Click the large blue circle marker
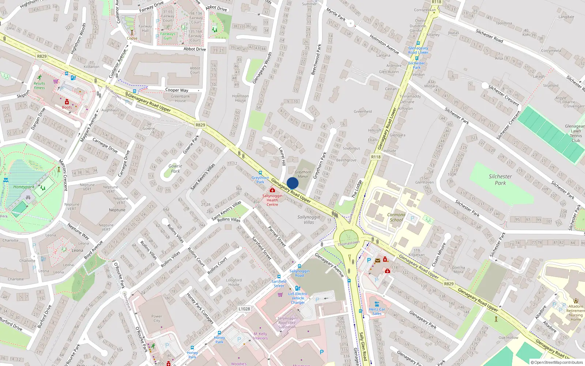[292, 183]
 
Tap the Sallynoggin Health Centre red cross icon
[272, 190]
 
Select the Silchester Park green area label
[500, 179]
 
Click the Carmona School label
[396, 217]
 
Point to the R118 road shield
[376, 157]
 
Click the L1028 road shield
[244, 309]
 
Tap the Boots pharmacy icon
[67, 102]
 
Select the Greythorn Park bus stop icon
[260, 173]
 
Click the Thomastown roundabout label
[348, 243]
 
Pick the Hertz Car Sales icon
[377, 304]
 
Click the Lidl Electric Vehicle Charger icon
[298, 288]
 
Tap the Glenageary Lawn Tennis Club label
[575, 133]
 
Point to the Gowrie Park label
[175, 168]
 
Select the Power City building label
[156, 318]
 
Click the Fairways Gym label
[167, 36]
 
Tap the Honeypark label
[24, 187]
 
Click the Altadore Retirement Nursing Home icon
[575, 301]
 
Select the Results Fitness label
[39, 85]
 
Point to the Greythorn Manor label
[303, 174]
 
